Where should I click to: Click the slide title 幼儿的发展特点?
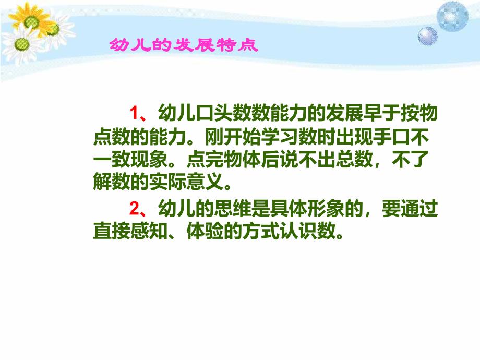(183, 45)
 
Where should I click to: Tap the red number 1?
(133, 113)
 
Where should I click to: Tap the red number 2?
(133, 209)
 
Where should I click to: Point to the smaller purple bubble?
(428, 36)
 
